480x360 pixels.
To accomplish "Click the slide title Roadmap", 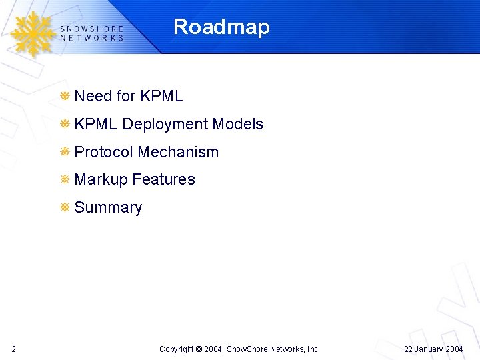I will (x=221, y=27).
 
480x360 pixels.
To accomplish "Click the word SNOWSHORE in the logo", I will (x=91, y=29).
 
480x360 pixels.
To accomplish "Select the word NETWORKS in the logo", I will (x=91, y=38).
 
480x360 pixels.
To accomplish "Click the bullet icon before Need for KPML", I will (x=65, y=96).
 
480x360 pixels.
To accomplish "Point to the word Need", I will (x=93, y=96).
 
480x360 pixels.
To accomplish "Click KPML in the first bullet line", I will (x=161, y=96).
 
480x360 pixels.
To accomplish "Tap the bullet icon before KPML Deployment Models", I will (x=65, y=124).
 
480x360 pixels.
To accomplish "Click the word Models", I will (x=237, y=124).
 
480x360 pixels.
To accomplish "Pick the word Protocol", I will (x=103, y=152).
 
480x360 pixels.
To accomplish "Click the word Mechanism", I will (x=178, y=152).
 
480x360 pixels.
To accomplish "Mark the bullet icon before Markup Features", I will (x=65, y=179).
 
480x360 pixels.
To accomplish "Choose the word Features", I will (x=163, y=179).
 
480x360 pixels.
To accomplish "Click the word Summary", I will (x=108, y=207).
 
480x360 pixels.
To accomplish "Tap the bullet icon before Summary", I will (x=65, y=207).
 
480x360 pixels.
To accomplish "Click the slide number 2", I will (x=14, y=349).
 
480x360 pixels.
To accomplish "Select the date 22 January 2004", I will (x=434, y=349).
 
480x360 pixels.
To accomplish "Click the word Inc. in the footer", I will (x=312, y=349).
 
